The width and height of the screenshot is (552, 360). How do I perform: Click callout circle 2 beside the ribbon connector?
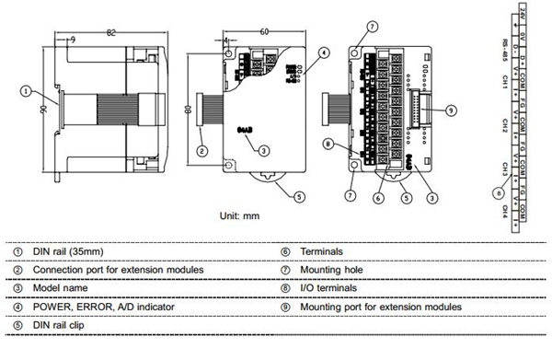pos(201,149)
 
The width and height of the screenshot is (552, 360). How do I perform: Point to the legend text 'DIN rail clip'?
pos(63,324)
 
